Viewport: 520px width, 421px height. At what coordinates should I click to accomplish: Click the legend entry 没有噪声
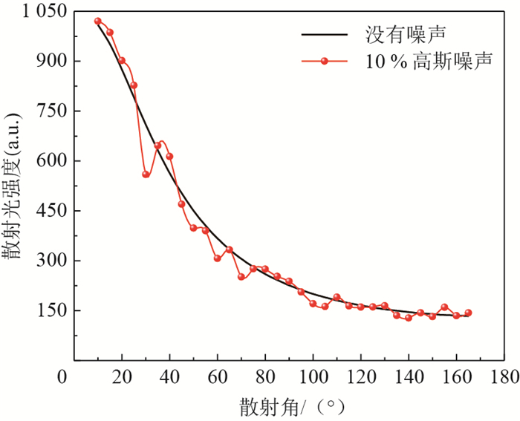point(409,34)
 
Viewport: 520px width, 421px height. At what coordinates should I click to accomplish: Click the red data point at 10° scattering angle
point(98,21)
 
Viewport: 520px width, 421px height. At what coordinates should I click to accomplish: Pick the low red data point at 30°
point(146,174)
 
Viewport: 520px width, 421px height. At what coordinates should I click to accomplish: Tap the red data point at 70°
point(241,277)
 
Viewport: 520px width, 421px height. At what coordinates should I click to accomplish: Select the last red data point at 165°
point(468,313)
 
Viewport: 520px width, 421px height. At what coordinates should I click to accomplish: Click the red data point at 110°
point(337,297)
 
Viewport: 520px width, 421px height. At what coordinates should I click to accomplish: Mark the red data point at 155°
point(444,307)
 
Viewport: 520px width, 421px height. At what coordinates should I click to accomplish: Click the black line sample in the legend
point(324,34)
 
